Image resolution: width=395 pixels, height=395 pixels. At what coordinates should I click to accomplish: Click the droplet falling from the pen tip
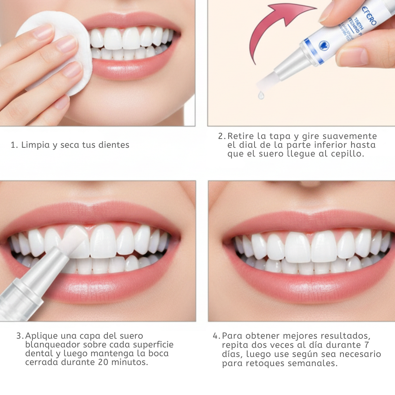tap(261, 95)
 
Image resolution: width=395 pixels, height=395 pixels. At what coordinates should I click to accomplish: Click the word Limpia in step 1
tap(35, 145)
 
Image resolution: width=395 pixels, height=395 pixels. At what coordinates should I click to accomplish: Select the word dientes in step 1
tap(114, 145)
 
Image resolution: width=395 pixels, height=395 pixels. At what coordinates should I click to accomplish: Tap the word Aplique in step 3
tap(41, 336)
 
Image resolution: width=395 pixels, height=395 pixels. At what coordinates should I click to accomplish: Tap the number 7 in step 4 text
tap(367, 345)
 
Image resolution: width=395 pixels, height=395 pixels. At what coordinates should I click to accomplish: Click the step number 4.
tap(216, 336)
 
